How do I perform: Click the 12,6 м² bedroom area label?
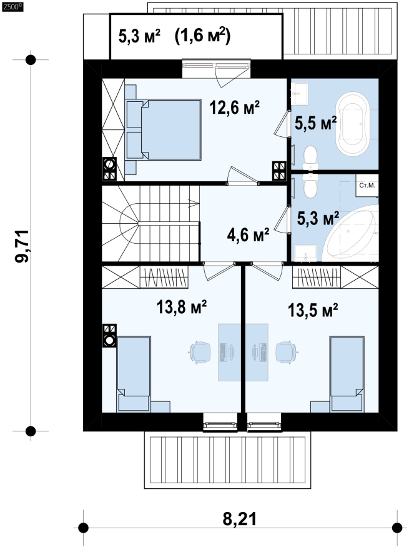click(235, 108)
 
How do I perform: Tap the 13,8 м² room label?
click(182, 307)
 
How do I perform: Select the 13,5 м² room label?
click(312, 310)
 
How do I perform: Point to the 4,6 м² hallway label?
click(248, 234)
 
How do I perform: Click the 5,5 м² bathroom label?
click(315, 123)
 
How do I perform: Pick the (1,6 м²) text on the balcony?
click(202, 36)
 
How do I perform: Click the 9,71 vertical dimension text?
click(22, 246)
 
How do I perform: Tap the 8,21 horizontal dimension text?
click(239, 519)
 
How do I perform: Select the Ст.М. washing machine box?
click(367, 185)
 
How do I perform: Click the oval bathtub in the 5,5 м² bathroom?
click(353, 123)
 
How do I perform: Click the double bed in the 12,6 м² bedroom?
click(163, 129)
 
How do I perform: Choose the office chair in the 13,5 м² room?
click(286, 353)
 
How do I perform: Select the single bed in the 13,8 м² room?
click(134, 374)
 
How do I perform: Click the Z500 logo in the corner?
click(12, 7)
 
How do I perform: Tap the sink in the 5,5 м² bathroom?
click(300, 93)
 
